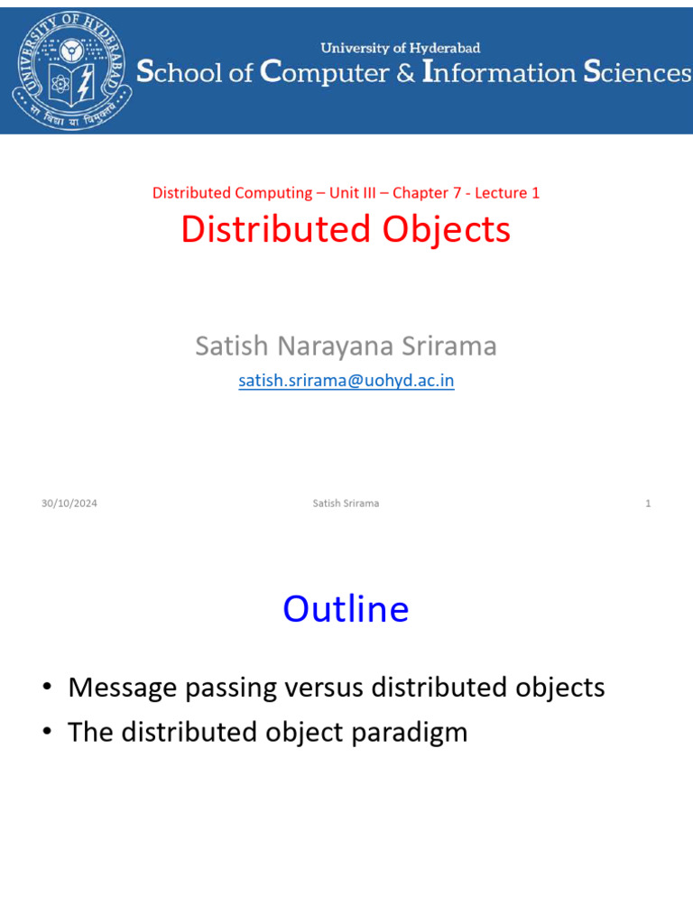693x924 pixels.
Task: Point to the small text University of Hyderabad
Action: click(x=401, y=48)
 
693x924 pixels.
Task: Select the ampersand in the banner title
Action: click(x=406, y=73)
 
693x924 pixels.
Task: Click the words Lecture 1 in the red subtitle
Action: click(x=507, y=192)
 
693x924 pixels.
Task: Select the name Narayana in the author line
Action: click(x=337, y=346)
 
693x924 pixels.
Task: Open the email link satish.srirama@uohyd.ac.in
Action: click(x=346, y=381)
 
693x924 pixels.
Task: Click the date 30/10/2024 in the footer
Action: click(x=69, y=504)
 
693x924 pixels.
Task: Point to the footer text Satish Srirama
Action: click(x=346, y=504)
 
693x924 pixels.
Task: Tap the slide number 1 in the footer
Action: click(x=648, y=504)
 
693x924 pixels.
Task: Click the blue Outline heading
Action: click(x=346, y=609)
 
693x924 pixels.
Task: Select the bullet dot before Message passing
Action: click(x=46, y=688)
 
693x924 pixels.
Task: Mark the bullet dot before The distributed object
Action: click(x=46, y=733)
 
